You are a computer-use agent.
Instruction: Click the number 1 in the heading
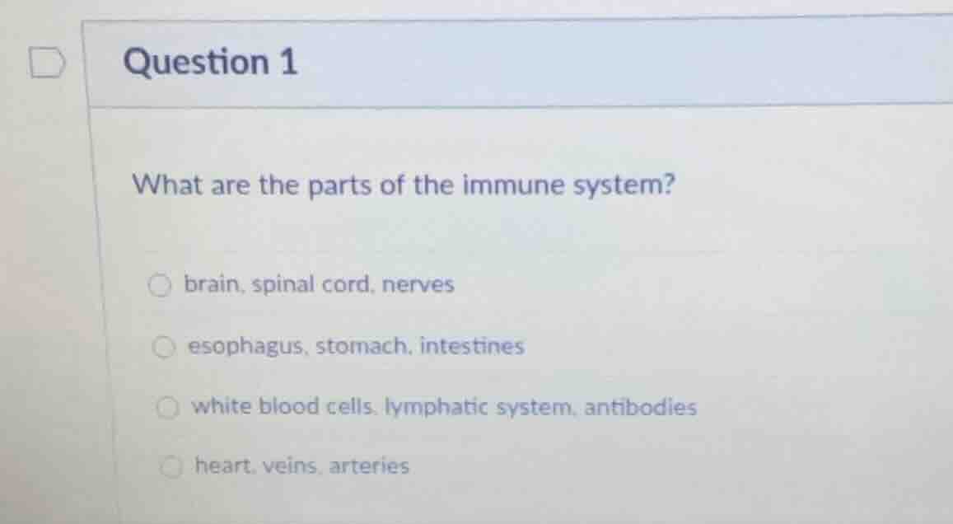click(287, 63)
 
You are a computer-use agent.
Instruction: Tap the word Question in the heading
click(195, 63)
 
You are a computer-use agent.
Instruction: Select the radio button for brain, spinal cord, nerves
click(159, 286)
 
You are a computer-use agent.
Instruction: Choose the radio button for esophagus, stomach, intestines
click(163, 347)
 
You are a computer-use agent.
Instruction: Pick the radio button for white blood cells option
click(167, 407)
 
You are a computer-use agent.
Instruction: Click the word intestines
click(472, 346)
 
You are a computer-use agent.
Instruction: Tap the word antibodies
click(641, 407)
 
